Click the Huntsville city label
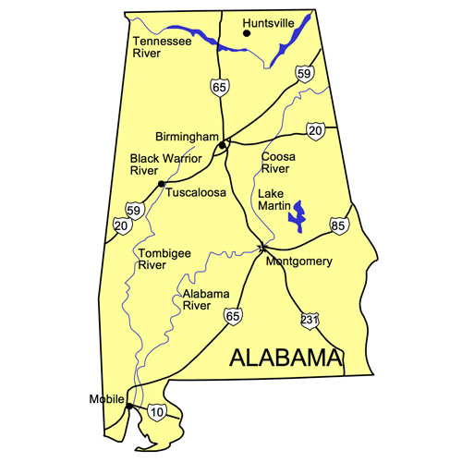pyautogui.click(x=268, y=21)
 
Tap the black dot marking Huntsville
pyautogui.click(x=246, y=33)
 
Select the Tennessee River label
pyautogui.click(x=159, y=47)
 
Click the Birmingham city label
pyautogui.click(x=185, y=136)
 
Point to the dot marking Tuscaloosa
pyautogui.click(x=162, y=185)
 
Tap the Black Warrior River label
pyautogui.click(x=158, y=164)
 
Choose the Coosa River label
pyautogui.click(x=278, y=163)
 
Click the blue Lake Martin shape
pyautogui.click(x=298, y=218)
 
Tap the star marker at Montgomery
pyautogui.click(x=263, y=248)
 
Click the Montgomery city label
pyautogui.click(x=298, y=261)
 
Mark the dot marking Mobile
pyautogui.click(x=129, y=406)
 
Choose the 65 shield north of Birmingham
pyautogui.click(x=218, y=87)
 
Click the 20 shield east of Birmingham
pyautogui.click(x=316, y=131)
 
